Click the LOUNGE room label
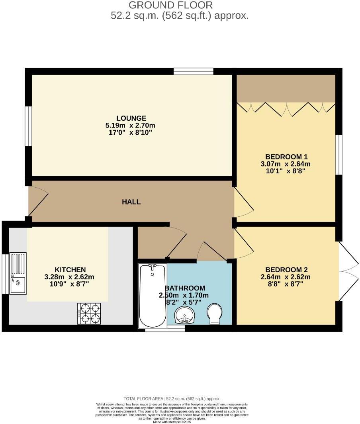coord(131,118)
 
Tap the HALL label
coord(131,202)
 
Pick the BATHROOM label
coord(185,288)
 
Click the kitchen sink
coord(18,273)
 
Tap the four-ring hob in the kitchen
coord(89,314)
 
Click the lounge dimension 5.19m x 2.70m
coord(131,125)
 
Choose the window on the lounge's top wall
coord(193,71)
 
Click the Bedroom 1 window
coord(338,155)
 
